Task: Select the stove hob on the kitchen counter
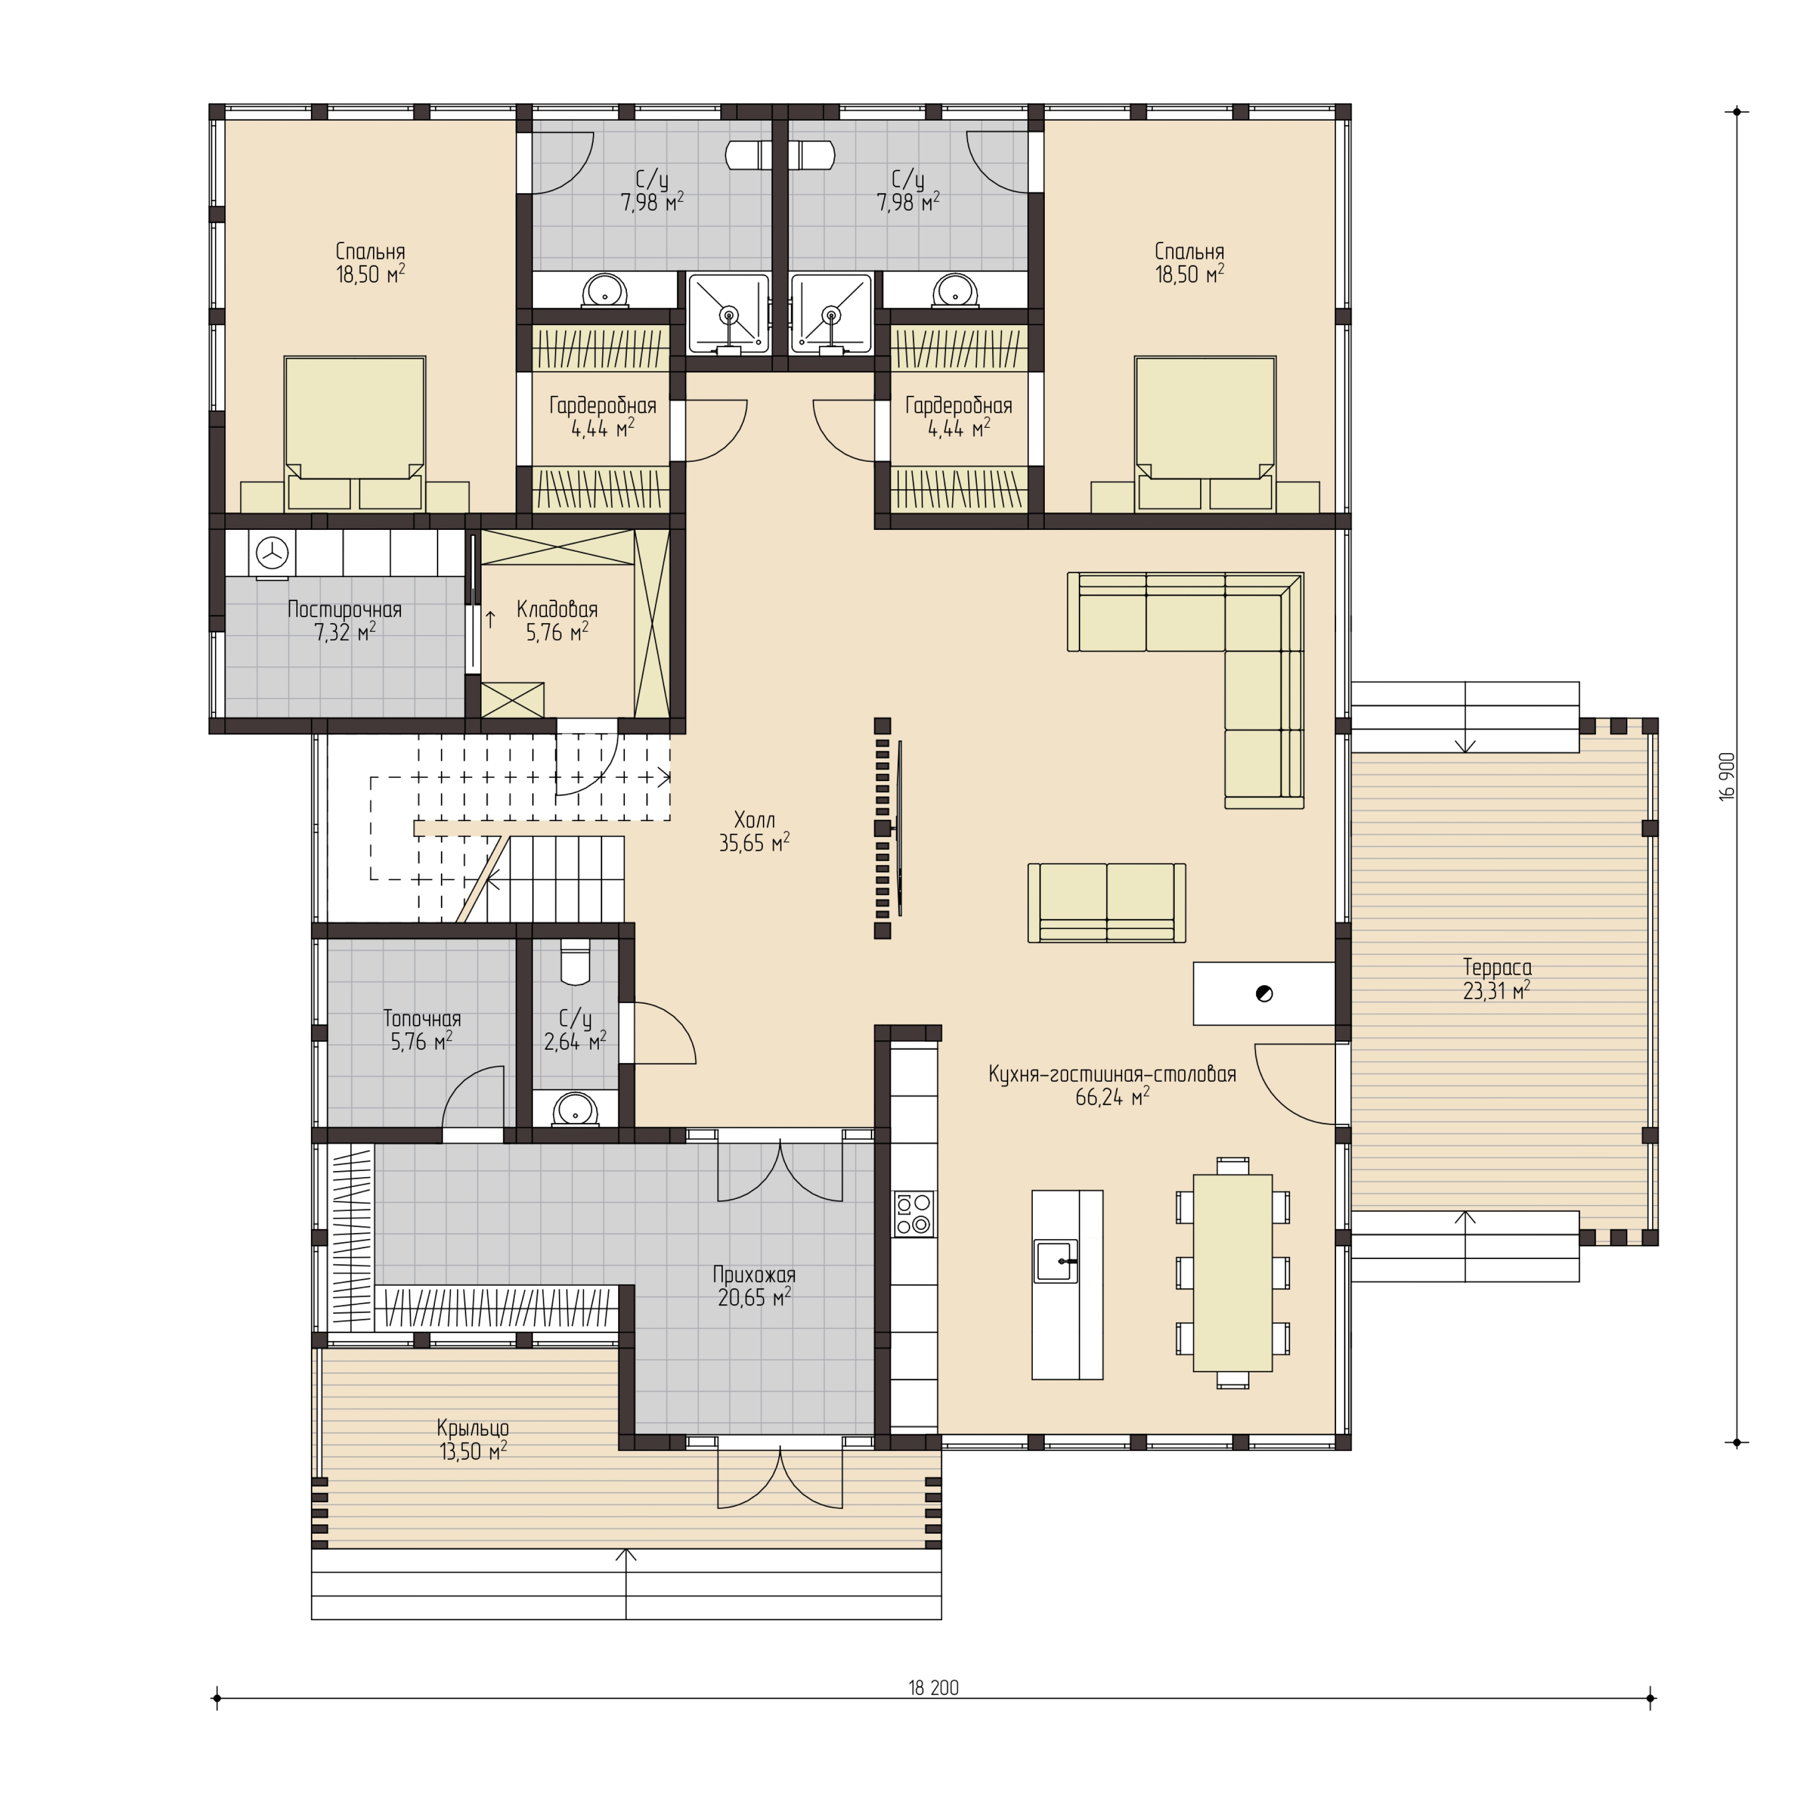tap(913, 1214)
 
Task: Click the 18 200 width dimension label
tap(933, 1688)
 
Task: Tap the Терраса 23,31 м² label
tap(1496, 979)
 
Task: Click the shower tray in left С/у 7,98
tap(728, 314)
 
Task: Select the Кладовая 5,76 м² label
tap(557, 621)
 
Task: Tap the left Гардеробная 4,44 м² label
tap(602, 417)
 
